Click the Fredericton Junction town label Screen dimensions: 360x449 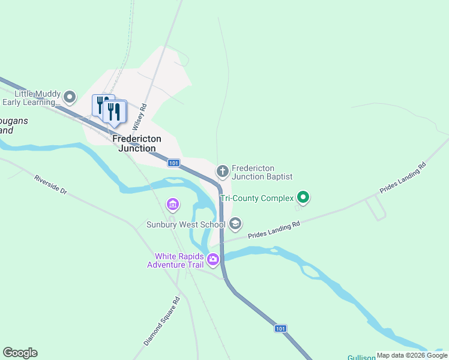pos(134,143)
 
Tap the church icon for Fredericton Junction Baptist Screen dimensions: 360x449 pos(223,172)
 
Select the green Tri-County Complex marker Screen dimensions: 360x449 pos(303,197)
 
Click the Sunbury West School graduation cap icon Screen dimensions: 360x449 pos(235,224)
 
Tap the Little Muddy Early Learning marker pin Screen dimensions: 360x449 pos(70,97)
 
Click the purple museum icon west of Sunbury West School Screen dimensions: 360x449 pos(173,205)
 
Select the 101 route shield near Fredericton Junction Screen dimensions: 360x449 pos(173,163)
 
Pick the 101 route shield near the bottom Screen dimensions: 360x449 pos(280,328)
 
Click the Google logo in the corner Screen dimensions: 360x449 pos(20,353)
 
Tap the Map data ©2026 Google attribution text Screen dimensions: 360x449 pos(412,355)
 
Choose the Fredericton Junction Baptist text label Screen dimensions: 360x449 pos(262,172)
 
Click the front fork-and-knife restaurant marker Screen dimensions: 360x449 pos(113,112)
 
